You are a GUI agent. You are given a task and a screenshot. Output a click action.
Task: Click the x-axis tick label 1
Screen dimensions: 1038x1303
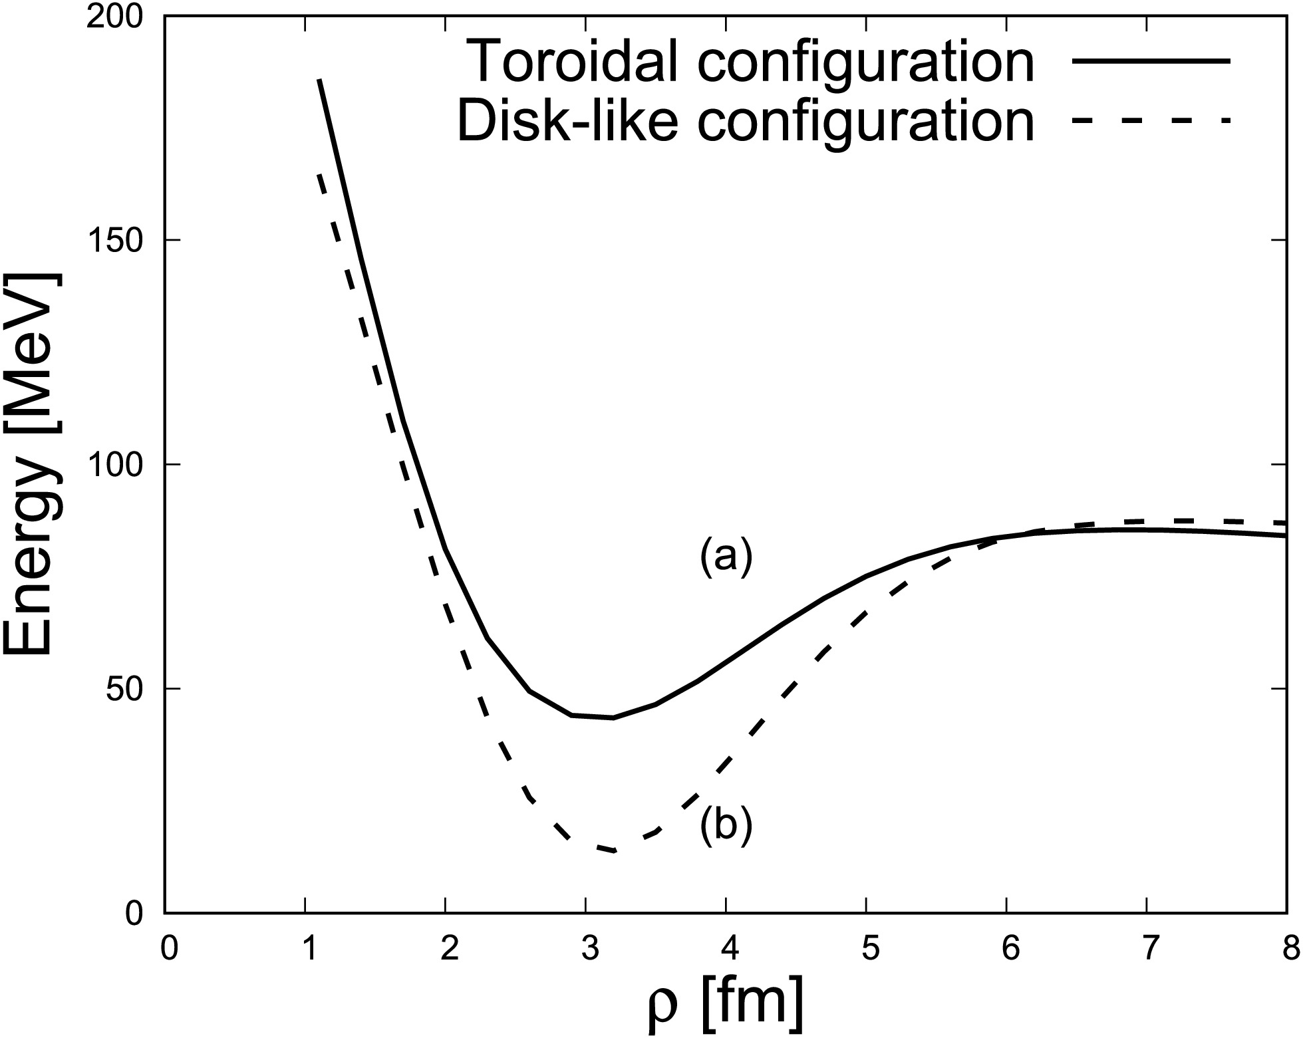306,949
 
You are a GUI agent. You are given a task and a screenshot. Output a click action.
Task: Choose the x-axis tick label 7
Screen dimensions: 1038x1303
1147,949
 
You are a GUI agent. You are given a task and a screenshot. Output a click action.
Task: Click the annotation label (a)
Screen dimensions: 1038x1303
726,557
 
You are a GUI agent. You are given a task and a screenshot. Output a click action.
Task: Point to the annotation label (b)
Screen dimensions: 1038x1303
726,826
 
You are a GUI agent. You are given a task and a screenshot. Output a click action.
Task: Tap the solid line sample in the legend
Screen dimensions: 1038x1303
1151,61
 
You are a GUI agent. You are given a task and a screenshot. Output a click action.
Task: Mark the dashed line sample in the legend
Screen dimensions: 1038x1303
1151,120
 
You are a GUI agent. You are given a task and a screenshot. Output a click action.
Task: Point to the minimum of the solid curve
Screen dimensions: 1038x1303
613,717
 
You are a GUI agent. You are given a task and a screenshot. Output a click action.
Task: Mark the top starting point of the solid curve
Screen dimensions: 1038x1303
320,80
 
